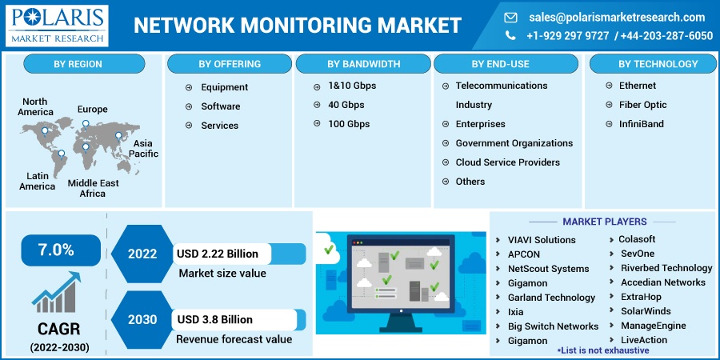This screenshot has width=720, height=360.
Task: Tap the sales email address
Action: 617,17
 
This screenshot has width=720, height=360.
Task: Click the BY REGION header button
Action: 84,64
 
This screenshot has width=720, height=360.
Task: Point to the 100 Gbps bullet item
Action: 349,124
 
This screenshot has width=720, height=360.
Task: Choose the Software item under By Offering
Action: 220,106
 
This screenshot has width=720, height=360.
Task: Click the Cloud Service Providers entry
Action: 507,162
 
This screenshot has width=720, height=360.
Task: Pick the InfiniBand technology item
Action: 642,124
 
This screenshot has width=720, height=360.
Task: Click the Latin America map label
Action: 38,181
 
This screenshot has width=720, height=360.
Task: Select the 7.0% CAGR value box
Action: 55,250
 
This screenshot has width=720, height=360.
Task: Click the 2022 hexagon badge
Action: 142,254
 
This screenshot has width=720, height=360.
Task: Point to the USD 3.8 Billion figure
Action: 215,320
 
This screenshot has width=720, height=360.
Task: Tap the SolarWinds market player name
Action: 646,311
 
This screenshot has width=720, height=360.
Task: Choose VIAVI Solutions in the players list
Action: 542,240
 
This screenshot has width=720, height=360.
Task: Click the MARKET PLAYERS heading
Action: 604,222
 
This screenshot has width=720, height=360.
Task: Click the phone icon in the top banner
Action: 510,35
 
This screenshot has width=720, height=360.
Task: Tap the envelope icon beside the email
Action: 510,17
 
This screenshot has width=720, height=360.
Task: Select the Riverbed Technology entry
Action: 666,268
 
